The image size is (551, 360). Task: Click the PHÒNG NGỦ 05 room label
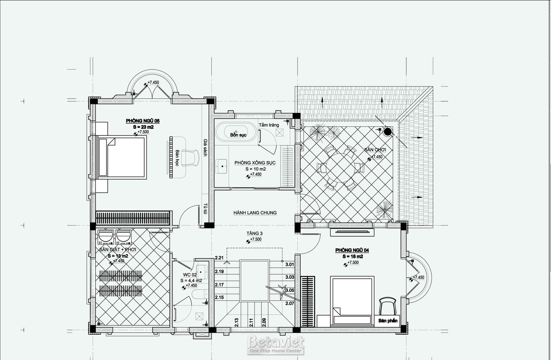143,121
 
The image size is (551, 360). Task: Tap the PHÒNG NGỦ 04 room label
352,250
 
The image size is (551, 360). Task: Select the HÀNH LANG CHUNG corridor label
255,213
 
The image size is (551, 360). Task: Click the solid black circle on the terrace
388,132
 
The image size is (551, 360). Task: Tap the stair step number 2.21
219,258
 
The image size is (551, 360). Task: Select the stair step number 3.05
290,290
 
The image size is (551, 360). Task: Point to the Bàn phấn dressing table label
388,321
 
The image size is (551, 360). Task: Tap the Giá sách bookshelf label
205,148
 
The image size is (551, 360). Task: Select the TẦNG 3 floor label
254,233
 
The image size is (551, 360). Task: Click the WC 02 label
190,275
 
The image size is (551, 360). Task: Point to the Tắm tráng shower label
269,125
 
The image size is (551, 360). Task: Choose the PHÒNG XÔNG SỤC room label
255,163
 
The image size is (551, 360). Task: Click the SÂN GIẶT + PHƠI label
117,249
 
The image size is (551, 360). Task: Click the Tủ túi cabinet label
205,209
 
